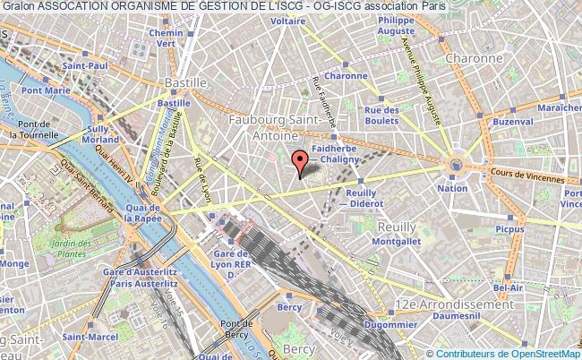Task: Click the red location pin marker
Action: coord(300,162)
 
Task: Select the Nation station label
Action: coord(453,188)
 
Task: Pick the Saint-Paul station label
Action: coord(87,64)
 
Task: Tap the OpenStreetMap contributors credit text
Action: coord(509,353)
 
